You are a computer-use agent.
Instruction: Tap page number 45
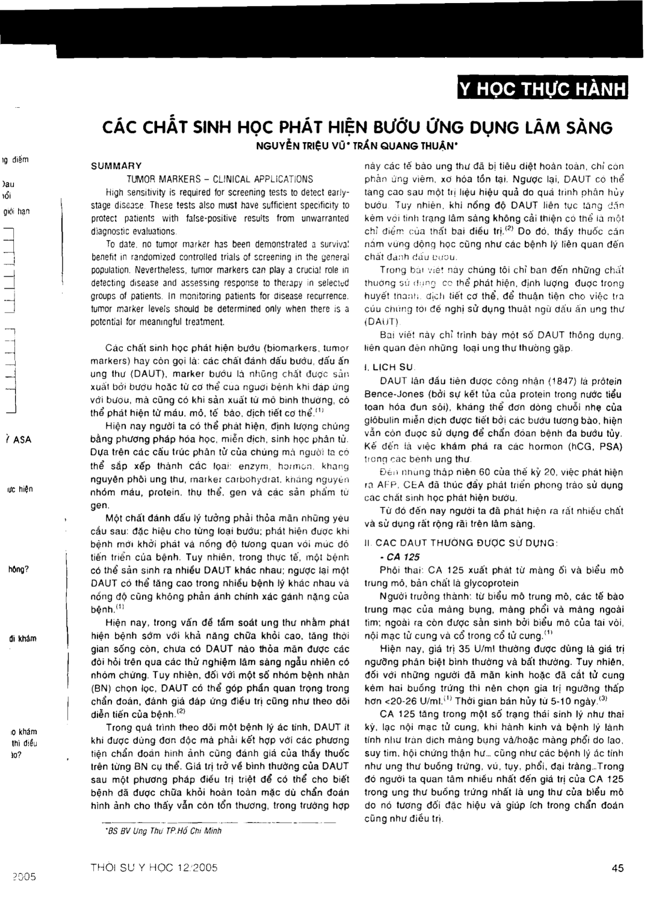tap(617, 868)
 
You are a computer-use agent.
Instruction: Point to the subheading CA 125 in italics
tap(391, 557)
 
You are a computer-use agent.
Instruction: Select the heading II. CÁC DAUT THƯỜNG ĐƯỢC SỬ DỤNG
tap(460, 542)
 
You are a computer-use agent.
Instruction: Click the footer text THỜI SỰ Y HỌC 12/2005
tap(154, 868)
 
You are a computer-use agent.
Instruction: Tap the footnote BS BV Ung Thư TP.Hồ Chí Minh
tap(163, 831)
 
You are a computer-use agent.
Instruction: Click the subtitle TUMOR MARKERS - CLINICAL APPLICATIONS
tap(220, 179)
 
